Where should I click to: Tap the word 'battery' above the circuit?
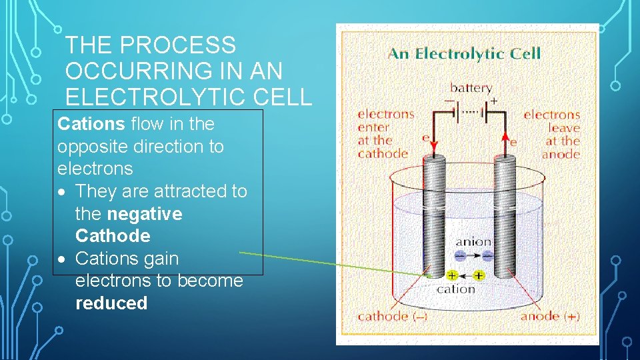[x=471, y=88]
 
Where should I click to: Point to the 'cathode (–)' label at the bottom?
[x=393, y=316]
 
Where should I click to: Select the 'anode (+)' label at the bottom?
[x=550, y=316]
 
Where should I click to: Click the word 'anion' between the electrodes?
[x=473, y=242]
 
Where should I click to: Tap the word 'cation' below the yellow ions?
[x=455, y=289]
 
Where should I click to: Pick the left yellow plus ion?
[x=451, y=275]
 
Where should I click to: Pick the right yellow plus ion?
[x=479, y=275]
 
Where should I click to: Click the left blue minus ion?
[x=461, y=255]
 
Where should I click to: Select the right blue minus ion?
[x=487, y=255]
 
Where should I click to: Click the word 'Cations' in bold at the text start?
[x=91, y=124]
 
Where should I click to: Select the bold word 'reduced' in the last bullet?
[x=111, y=303]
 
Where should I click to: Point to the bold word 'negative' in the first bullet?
[x=144, y=214]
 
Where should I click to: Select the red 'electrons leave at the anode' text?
[x=552, y=134]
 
